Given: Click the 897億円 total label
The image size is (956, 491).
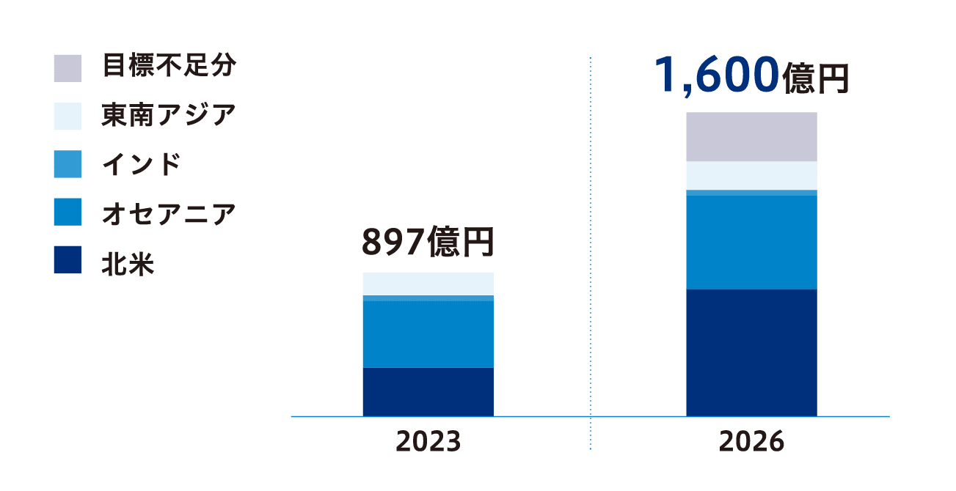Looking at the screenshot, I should tap(428, 243).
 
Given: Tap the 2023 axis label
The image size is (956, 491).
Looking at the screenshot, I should tap(428, 442).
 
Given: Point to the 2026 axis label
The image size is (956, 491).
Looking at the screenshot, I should tap(751, 442).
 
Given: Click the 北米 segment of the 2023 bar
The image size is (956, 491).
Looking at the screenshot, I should tap(428, 391).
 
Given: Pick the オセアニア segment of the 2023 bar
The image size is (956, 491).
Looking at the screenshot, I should tap(428, 333).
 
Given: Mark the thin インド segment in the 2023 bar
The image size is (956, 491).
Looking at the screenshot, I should tap(428, 298).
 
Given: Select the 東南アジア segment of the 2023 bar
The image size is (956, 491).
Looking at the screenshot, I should tap(428, 284).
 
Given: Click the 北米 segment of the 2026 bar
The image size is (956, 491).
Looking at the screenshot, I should tap(751, 352).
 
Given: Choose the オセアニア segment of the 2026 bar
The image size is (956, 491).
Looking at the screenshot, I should tap(751, 242).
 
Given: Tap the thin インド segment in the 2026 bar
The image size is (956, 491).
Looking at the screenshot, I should tap(751, 193).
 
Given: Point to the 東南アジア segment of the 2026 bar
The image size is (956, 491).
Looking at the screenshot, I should tap(751, 175).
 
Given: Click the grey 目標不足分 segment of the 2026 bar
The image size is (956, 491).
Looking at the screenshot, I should tap(751, 136).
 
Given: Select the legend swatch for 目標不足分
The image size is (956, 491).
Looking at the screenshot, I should tap(67, 68).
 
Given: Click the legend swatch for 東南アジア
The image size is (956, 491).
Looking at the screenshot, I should tap(67, 116).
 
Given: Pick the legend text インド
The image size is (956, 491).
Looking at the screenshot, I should tap(141, 165).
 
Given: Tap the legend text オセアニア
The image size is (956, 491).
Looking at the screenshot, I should tap(169, 213).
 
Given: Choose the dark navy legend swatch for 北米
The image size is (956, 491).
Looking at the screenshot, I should tap(67, 260).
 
